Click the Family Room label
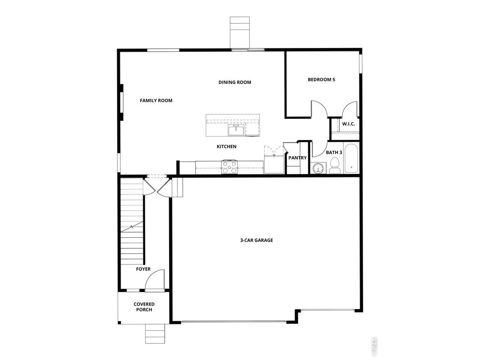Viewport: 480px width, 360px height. click(x=156, y=100)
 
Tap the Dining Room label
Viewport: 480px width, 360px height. click(x=235, y=82)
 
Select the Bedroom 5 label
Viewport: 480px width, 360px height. click(x=321, y=79)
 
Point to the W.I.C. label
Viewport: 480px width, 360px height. click(x=348, y=124)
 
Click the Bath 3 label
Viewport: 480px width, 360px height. click(x=334, y=153)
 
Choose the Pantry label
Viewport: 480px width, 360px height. click(x=297, y=158)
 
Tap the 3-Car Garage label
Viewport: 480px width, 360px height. click(x=256, y=240)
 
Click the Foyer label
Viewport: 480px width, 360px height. click(x=143, y=269)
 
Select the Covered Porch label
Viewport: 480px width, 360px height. click(x=144, y=307)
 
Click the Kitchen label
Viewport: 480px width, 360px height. click(x=226, y=147)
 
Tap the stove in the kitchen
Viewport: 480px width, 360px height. click(x=229, y=167)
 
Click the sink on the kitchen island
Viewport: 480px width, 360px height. click(x=236, y=130)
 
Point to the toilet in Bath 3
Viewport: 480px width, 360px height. click(x=334, y=166)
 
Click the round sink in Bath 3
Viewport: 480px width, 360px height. click(x=318, y=168)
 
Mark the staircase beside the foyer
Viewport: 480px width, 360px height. click(x=132, y=221)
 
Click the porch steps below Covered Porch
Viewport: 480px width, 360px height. click(x=155, y=334)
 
